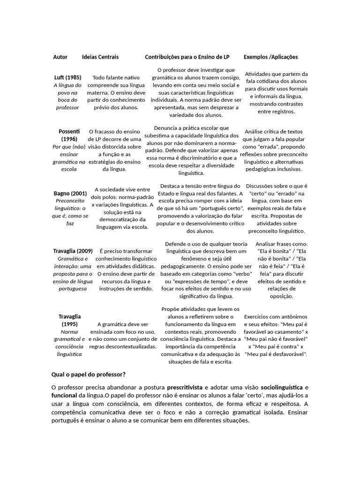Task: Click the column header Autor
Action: [60, 57]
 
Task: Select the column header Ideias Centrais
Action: [100, 57]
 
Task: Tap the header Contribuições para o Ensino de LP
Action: [187, 57]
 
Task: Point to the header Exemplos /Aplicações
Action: [270, 57]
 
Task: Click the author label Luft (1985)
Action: [67, 77]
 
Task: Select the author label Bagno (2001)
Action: [70, 193]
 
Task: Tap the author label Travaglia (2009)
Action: [73, 251]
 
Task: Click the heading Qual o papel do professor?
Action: [88, 374]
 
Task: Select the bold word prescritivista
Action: [185, 388]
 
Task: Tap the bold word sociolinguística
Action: [282, 388]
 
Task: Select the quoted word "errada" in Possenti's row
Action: [266, 147]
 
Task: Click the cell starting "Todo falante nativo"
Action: [116, 92]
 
